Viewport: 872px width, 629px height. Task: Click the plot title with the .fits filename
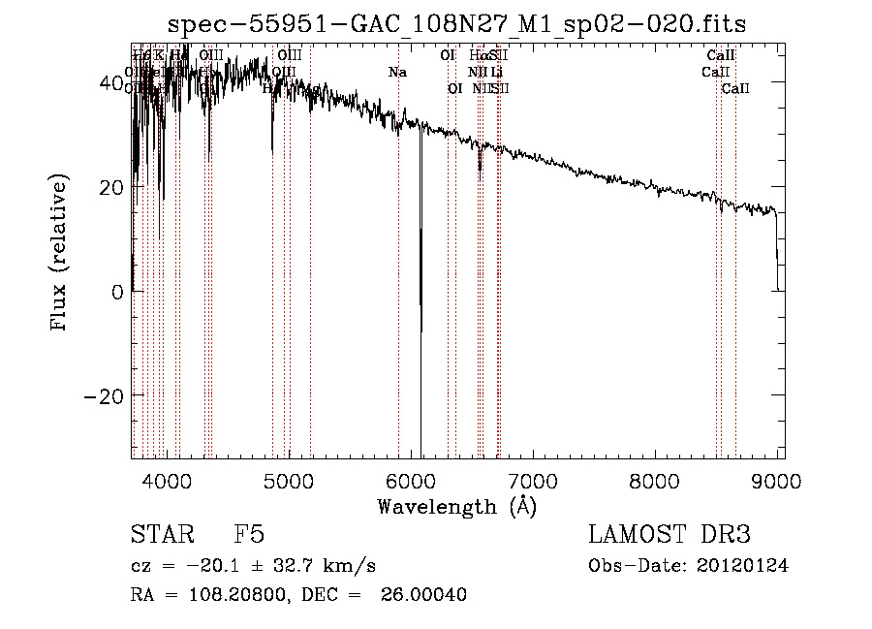[x=457, y=24]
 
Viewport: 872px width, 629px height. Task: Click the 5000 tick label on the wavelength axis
[x=289, y=478]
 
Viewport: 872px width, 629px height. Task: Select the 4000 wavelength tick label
[x=167, y=478]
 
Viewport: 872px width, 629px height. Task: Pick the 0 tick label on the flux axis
[x=116, y=292]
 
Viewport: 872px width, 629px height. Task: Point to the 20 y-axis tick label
[x=109, y=187]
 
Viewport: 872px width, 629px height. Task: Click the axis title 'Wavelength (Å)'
[x=456, y=506]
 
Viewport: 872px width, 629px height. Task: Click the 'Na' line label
[x=397, y=73]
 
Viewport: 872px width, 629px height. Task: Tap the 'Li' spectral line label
[x=496, y=73]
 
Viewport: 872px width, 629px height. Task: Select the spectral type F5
[x=249, y=536]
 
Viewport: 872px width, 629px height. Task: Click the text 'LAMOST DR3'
[x=670, y=536]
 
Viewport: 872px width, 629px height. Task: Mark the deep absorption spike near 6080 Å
[x=420, y=291]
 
